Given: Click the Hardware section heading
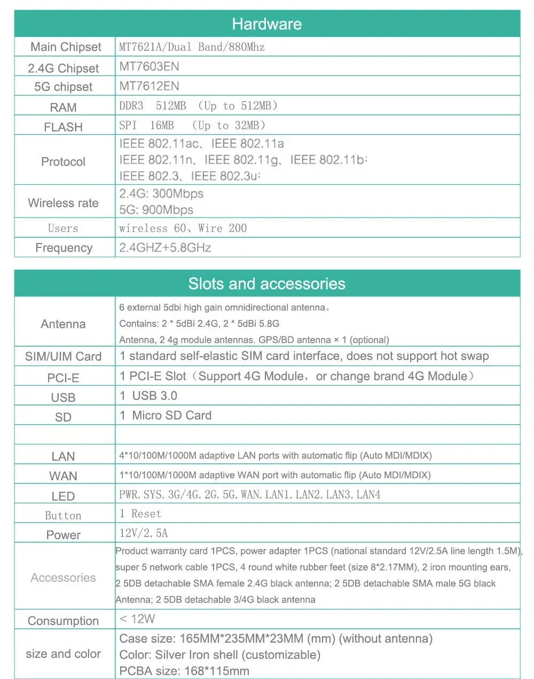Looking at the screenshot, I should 266,24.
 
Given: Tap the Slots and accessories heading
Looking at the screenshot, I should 266,284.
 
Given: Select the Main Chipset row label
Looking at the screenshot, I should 65,47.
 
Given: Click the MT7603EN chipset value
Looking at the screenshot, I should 149,67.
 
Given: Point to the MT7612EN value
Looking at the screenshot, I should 149,86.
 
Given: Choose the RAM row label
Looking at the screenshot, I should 63,107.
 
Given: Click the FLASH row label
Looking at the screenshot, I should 63,127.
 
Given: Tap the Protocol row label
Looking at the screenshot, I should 63,161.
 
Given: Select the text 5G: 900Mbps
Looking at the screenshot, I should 156,210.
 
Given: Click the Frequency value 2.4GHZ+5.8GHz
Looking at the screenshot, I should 165,248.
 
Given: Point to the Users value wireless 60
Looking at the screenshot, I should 152,229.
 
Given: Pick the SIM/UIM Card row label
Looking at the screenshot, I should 63,357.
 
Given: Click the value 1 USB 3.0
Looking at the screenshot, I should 148,396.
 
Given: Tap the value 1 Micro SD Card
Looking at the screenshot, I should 166,416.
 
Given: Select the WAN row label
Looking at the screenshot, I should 63,476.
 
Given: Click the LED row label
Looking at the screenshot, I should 63,496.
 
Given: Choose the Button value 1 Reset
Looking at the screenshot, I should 140,514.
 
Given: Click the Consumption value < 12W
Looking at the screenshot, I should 137,619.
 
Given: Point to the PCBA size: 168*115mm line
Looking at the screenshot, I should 184,671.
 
